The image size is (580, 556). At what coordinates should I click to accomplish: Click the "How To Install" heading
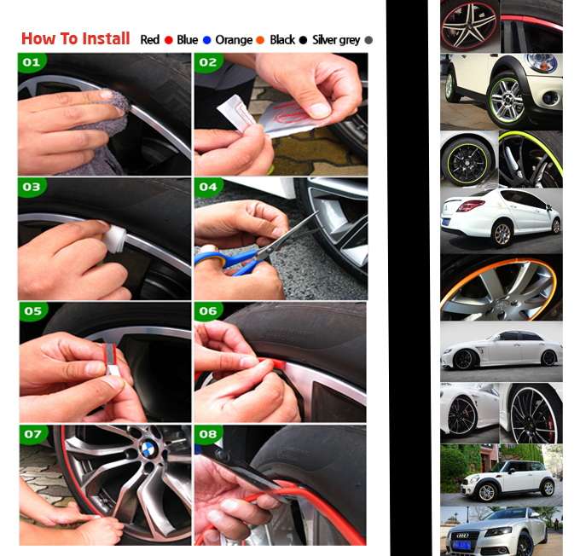coord(75,39)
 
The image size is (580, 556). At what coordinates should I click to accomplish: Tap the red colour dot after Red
coord(169,40)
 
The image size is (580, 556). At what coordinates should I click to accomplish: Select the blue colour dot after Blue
coord(206,40)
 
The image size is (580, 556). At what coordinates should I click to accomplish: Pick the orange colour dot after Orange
coord(260,40)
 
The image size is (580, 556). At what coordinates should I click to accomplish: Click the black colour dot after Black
coord(303,40)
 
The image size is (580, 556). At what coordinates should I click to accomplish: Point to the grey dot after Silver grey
coord(368,40)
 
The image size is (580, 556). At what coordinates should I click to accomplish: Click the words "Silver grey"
coord(336,40)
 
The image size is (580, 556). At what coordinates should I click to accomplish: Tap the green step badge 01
coord(32,61)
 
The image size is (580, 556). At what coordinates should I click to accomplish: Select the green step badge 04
coord(209,187)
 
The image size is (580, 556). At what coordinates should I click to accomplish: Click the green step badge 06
coord(209,310)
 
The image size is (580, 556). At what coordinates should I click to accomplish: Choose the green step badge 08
coord(209,434)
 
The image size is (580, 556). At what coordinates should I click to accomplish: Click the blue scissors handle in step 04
coord(215,261)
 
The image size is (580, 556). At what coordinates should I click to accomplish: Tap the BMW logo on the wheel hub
coord(149,449)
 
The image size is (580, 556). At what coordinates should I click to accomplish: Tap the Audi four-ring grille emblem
coord(462,536)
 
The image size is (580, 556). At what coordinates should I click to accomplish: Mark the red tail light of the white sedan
coord(471,206)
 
